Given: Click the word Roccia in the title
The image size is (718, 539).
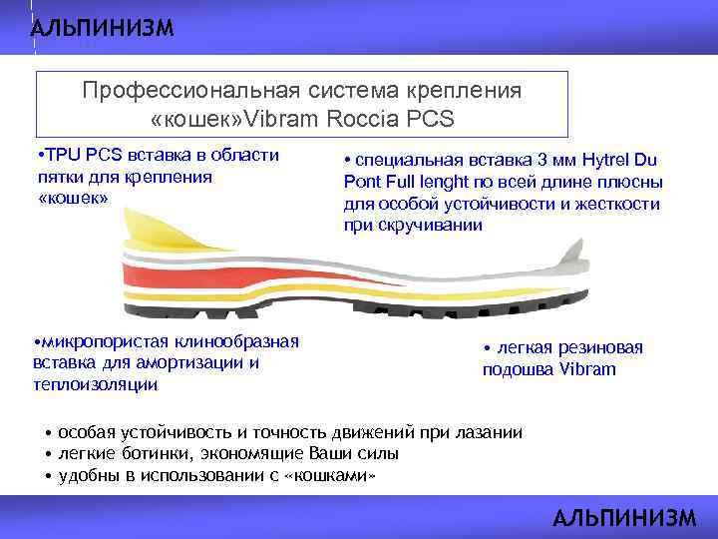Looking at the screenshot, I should [x=360, y=119].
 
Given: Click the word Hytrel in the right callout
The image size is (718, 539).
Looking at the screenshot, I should [x=606, y=161].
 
